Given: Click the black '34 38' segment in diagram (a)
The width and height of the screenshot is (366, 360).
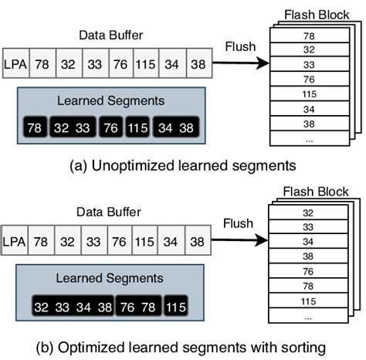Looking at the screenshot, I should pyautogui.click(x=174, y=127).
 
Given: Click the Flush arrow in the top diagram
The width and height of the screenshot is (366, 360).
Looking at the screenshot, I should pyautogui.click(x=242, y=63).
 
